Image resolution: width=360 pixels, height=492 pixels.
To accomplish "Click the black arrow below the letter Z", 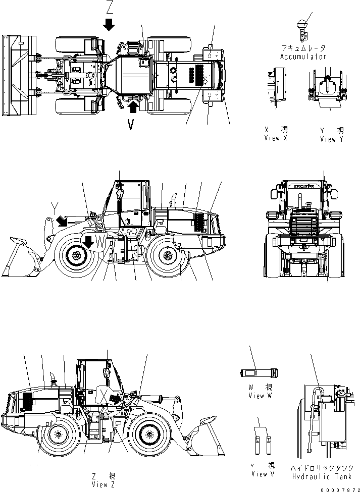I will pos(109,24).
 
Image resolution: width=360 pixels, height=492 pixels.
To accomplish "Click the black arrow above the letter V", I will pos(132,106).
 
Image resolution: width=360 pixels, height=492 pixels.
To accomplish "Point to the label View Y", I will pos(331,139).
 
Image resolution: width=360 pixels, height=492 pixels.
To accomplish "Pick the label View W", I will pos(260,396).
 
